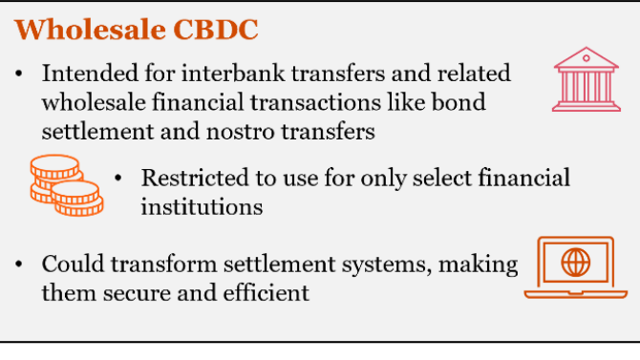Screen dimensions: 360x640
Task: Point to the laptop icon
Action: [x=575, y=267]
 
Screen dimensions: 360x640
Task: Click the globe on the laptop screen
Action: [x=575, y=261]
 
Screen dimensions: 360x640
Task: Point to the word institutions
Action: [x=201, y=205]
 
